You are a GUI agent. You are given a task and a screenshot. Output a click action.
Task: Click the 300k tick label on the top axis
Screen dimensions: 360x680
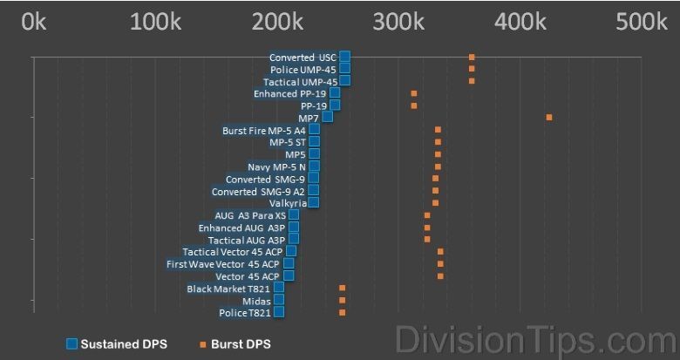(x=398, y=21)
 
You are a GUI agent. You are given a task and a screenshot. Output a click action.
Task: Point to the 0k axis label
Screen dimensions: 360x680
(x=34, y=21)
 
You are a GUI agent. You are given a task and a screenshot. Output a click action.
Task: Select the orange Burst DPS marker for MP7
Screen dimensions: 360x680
(x=549, y=117)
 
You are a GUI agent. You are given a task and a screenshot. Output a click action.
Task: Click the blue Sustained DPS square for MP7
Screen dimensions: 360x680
(x=328, y=117)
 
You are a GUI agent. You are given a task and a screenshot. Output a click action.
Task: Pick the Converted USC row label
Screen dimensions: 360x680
(x=303, y=57)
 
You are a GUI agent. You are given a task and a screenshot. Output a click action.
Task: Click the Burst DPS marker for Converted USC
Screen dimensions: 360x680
(x=472, y=57)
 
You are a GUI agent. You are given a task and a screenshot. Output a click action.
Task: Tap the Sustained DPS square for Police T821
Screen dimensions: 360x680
(x=279, y=312)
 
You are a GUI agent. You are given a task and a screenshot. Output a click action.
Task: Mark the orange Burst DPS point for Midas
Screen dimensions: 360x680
(x=342, y=300)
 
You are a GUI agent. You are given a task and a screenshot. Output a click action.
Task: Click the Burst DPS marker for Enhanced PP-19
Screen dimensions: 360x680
(x=414, y=93)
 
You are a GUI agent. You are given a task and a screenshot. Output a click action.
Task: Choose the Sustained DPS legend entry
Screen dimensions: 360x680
(x=121, y=344)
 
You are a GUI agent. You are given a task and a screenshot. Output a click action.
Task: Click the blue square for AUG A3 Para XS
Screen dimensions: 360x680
(x=294, y=214)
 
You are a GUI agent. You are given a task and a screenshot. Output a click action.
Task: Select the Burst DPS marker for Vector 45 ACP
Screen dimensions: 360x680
(x=440, y=275)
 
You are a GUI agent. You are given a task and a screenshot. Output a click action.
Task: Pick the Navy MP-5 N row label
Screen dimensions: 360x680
(x=276, y=166)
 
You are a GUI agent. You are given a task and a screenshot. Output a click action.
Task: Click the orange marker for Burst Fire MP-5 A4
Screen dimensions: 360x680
(x=438, y=130)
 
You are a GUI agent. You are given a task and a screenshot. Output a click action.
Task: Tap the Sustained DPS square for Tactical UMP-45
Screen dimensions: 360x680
(x=344, y=80)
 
